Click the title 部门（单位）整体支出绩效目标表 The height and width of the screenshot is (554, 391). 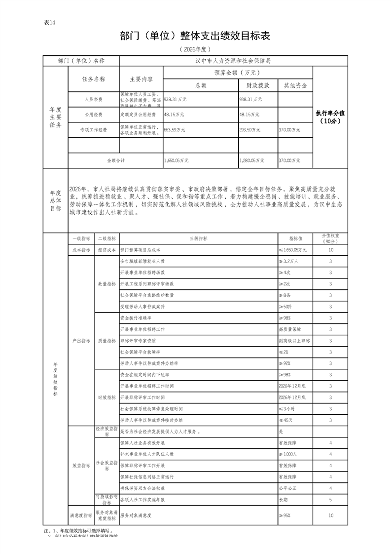(x=195, y=37)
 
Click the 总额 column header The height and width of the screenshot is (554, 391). (x=201, y=85)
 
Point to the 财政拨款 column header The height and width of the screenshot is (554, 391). (x=257, y=85)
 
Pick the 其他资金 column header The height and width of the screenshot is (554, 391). (x=295, y=85)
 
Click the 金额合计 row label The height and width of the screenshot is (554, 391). (x=116, y=160)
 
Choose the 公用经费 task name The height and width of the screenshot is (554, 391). (x=93, y=115)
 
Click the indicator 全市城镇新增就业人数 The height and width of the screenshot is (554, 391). (x=142, y=261)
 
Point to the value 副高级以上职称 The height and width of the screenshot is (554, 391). (x=294, y=341)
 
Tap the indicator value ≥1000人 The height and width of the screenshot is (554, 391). (x=288, y=454)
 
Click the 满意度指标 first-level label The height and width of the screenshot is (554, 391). (x=81, y=515)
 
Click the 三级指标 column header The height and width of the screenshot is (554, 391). (x=198, y=238)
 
